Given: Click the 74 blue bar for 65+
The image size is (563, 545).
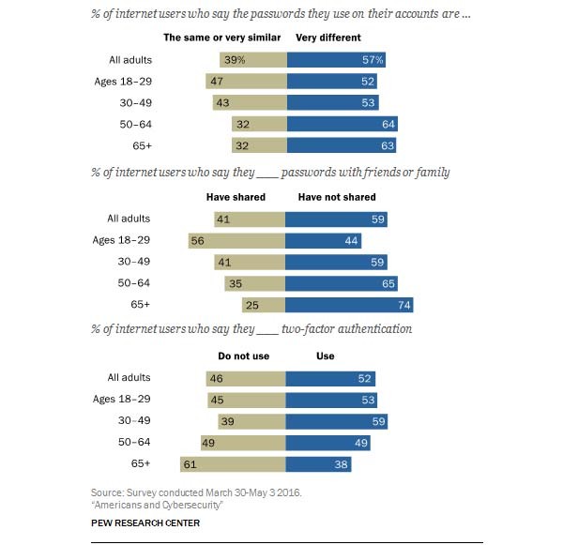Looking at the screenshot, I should point(349,305).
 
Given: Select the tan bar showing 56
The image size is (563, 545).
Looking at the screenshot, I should point(236,240).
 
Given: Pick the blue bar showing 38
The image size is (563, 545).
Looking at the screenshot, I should point(319,463).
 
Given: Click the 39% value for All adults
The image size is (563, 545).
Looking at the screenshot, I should point(233,60).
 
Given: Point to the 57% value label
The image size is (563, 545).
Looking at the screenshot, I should point(374,60).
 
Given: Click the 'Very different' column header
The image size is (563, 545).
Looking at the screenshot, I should point(327,38).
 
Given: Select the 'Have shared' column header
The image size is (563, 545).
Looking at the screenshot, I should point(236,197).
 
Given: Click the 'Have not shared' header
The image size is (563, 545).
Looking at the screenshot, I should point(337,197).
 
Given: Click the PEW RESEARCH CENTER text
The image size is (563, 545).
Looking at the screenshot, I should point(145,522).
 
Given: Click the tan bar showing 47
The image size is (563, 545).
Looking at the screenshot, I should point(247,82).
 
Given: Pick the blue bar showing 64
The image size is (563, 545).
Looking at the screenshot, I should point(342,124).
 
